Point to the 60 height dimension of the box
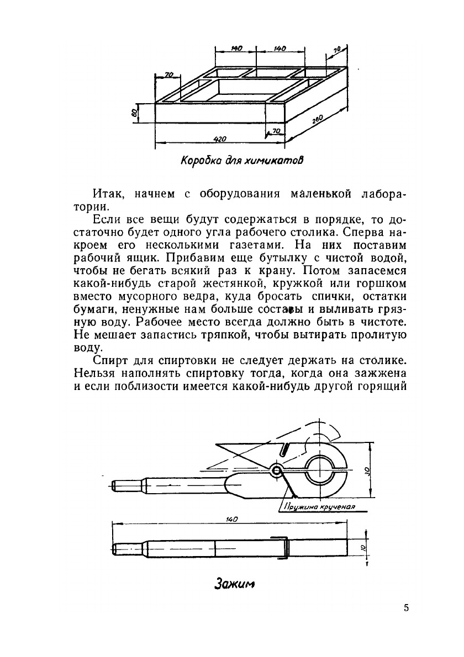pos(134,112)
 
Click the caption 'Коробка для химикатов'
pos(242,161)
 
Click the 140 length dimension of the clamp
pos(230,519)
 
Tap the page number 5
pos(407,608)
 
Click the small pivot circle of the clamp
pos(276,470)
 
